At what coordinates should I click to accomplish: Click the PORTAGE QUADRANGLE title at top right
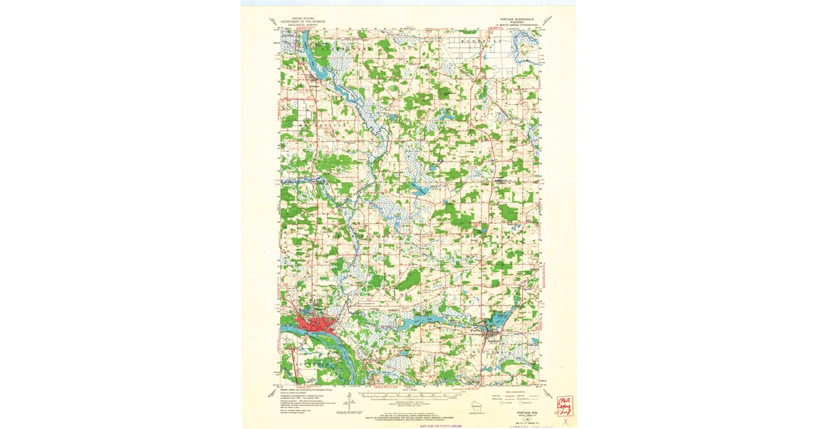coord(515,19)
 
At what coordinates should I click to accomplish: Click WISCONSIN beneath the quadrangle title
coord(515,22)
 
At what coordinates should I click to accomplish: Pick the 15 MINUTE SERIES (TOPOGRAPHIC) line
coord(515,26)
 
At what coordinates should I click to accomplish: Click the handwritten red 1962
coord(564,398)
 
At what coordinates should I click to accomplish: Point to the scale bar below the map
coord(409,393)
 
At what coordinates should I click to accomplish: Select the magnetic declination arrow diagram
coord(349,402)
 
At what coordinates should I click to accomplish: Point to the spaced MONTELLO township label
coord(477,41)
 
